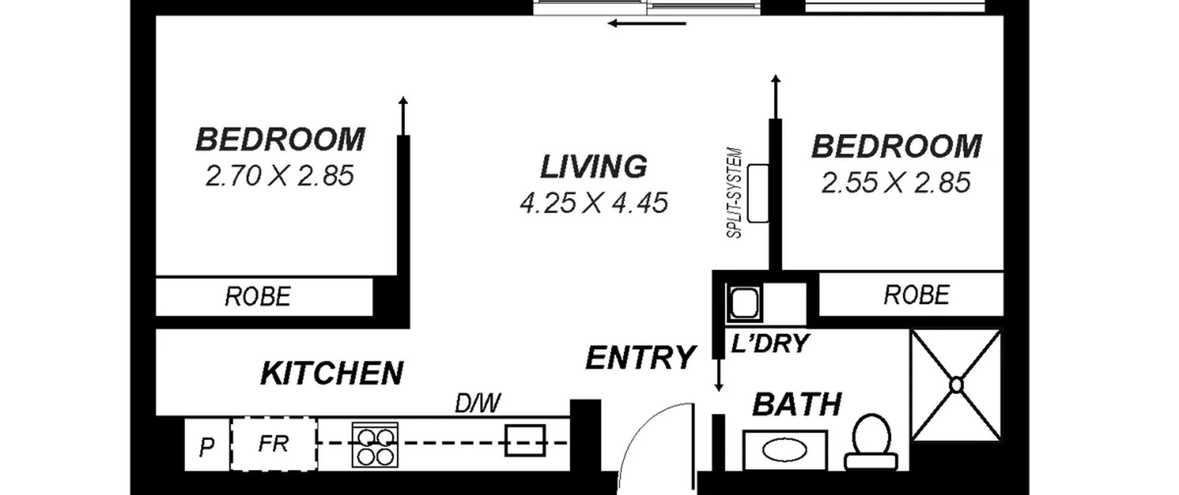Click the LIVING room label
594,167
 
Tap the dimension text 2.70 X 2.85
280,176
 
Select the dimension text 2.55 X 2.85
896,182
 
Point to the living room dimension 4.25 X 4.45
594,203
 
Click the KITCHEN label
332,373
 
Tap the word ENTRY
640,357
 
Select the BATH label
797,404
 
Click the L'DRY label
770,343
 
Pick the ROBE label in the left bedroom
258,296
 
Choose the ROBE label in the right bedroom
916,295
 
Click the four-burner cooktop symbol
375,445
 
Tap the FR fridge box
274,444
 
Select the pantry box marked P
207,445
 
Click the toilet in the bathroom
871,442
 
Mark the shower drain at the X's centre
957,384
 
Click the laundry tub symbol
744,303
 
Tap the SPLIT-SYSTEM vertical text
734,193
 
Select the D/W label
478,403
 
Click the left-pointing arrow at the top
647,23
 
